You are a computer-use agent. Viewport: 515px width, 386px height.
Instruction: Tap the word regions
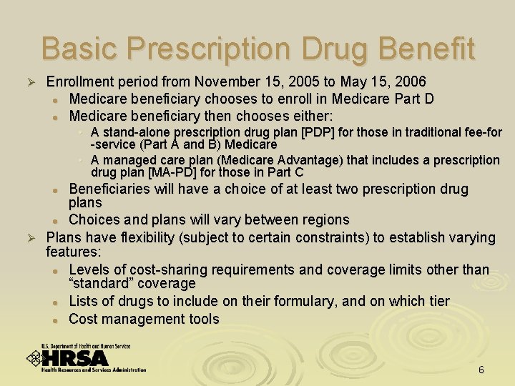tap(325, 219)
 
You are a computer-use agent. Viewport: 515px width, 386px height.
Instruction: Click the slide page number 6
tap(481, 370)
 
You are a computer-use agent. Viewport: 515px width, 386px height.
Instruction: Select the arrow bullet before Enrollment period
tap(30, 83)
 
